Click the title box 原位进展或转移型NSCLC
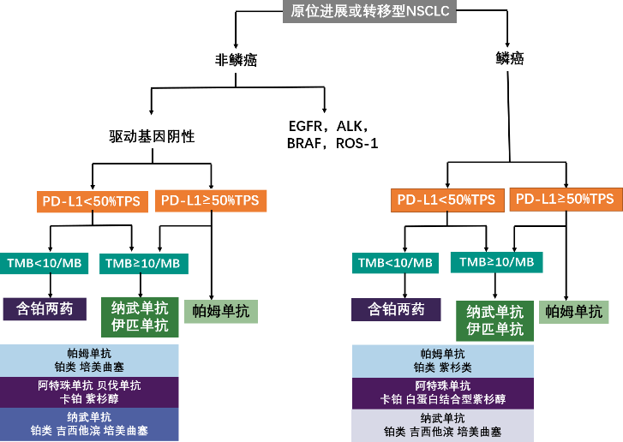point(370,11)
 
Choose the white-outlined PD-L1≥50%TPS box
point(210,200)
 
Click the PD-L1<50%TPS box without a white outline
point(443,200)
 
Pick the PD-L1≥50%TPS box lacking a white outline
point(564,199)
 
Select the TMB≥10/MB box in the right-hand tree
point(496,261)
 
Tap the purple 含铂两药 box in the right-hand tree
point(396,309)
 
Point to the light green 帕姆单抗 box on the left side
point(221,311)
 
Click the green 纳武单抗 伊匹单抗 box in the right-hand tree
point(494,320)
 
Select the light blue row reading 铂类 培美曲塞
point(89,361)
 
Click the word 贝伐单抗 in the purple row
point(118,385)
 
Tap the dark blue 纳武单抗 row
point(89,424)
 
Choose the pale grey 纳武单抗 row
point(442,425)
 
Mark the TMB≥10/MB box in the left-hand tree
point(143,264)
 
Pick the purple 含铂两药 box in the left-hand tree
point(45,308)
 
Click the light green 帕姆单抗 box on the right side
point(573,311)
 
